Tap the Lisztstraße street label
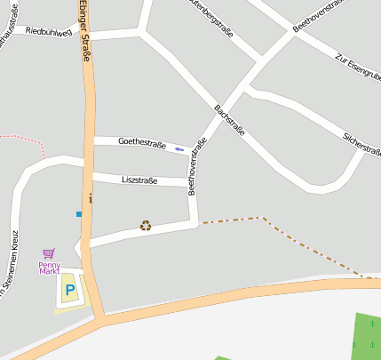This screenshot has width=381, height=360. [139, 180]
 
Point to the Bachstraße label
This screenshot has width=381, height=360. [229, 120]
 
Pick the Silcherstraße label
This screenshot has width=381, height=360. [362, 143]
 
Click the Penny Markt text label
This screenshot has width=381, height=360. [49, 268]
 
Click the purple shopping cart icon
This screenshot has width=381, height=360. [48, 253]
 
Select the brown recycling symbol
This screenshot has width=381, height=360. [146, 226]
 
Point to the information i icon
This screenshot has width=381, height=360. [91, 199]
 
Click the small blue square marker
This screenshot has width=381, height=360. [79, 214]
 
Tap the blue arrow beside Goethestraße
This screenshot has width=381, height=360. [180, 148]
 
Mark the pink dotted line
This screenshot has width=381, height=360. [27, 139]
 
